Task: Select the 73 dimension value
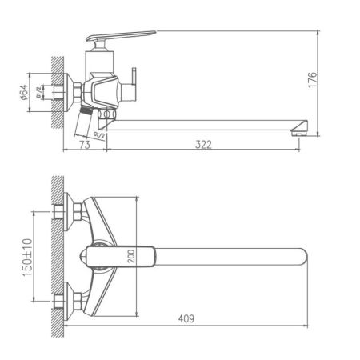(85, 145)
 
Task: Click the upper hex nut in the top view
(78, 211)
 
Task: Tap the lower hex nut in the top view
(78, 302)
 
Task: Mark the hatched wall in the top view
(55, 256)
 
